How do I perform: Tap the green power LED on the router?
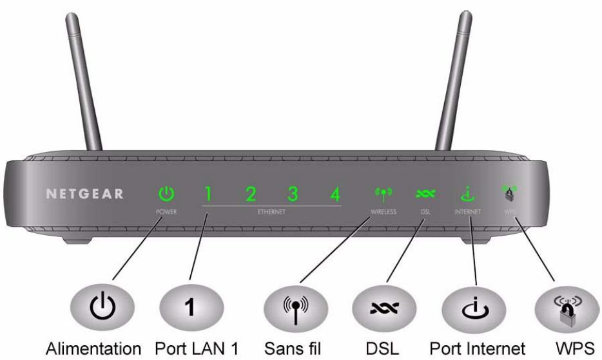click(167, 193)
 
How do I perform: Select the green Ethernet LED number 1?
click(208, 193)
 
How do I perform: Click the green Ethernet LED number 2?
click(251, 193)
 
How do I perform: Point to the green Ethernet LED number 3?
click(293, 193)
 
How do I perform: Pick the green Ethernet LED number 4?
click(335, 193)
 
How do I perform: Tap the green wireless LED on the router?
click(383, 193)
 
